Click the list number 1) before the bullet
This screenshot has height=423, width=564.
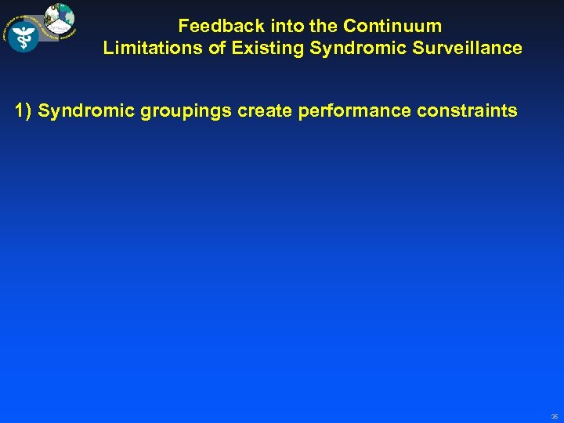(x=23, y=111)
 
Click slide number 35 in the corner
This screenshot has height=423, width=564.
(x=554, y=417)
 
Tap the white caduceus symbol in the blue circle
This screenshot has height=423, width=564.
(x=23, y=36)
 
